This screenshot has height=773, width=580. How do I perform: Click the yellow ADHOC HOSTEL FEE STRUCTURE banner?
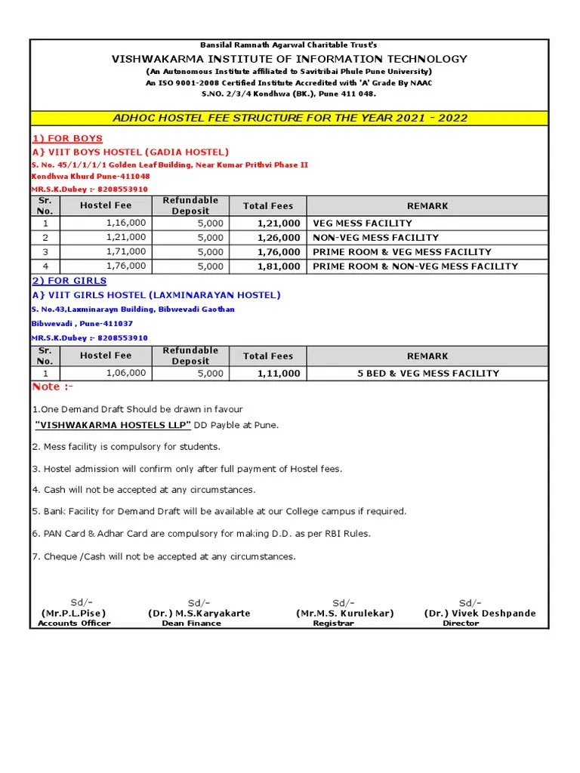click(289, 118)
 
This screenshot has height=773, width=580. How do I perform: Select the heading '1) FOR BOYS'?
click(66, 139)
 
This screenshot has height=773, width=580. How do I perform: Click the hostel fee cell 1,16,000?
click(126, 223)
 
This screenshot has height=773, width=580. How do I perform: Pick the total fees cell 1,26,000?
click(279, 238)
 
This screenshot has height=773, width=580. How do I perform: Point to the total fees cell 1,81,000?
click(279, 266)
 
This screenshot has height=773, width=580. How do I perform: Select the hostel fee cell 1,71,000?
click(126, 252)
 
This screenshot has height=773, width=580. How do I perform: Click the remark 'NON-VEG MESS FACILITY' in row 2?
click(375, 238)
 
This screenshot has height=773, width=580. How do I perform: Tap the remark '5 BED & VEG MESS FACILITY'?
click(427, 373)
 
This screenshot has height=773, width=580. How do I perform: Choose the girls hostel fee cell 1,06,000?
click(126, 373)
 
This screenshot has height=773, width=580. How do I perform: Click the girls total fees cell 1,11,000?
click(279, 373)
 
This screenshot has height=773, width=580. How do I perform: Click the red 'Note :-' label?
click(52, 387)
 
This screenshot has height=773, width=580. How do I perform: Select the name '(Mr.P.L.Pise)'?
click(73, 613)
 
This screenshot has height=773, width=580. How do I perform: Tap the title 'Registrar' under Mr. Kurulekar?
click(333, 624)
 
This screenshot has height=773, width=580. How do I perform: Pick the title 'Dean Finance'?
click(191, 624)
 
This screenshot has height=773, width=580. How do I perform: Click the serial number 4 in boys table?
click(45, 266)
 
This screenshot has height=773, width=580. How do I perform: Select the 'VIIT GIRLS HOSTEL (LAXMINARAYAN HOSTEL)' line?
click(156, 295)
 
